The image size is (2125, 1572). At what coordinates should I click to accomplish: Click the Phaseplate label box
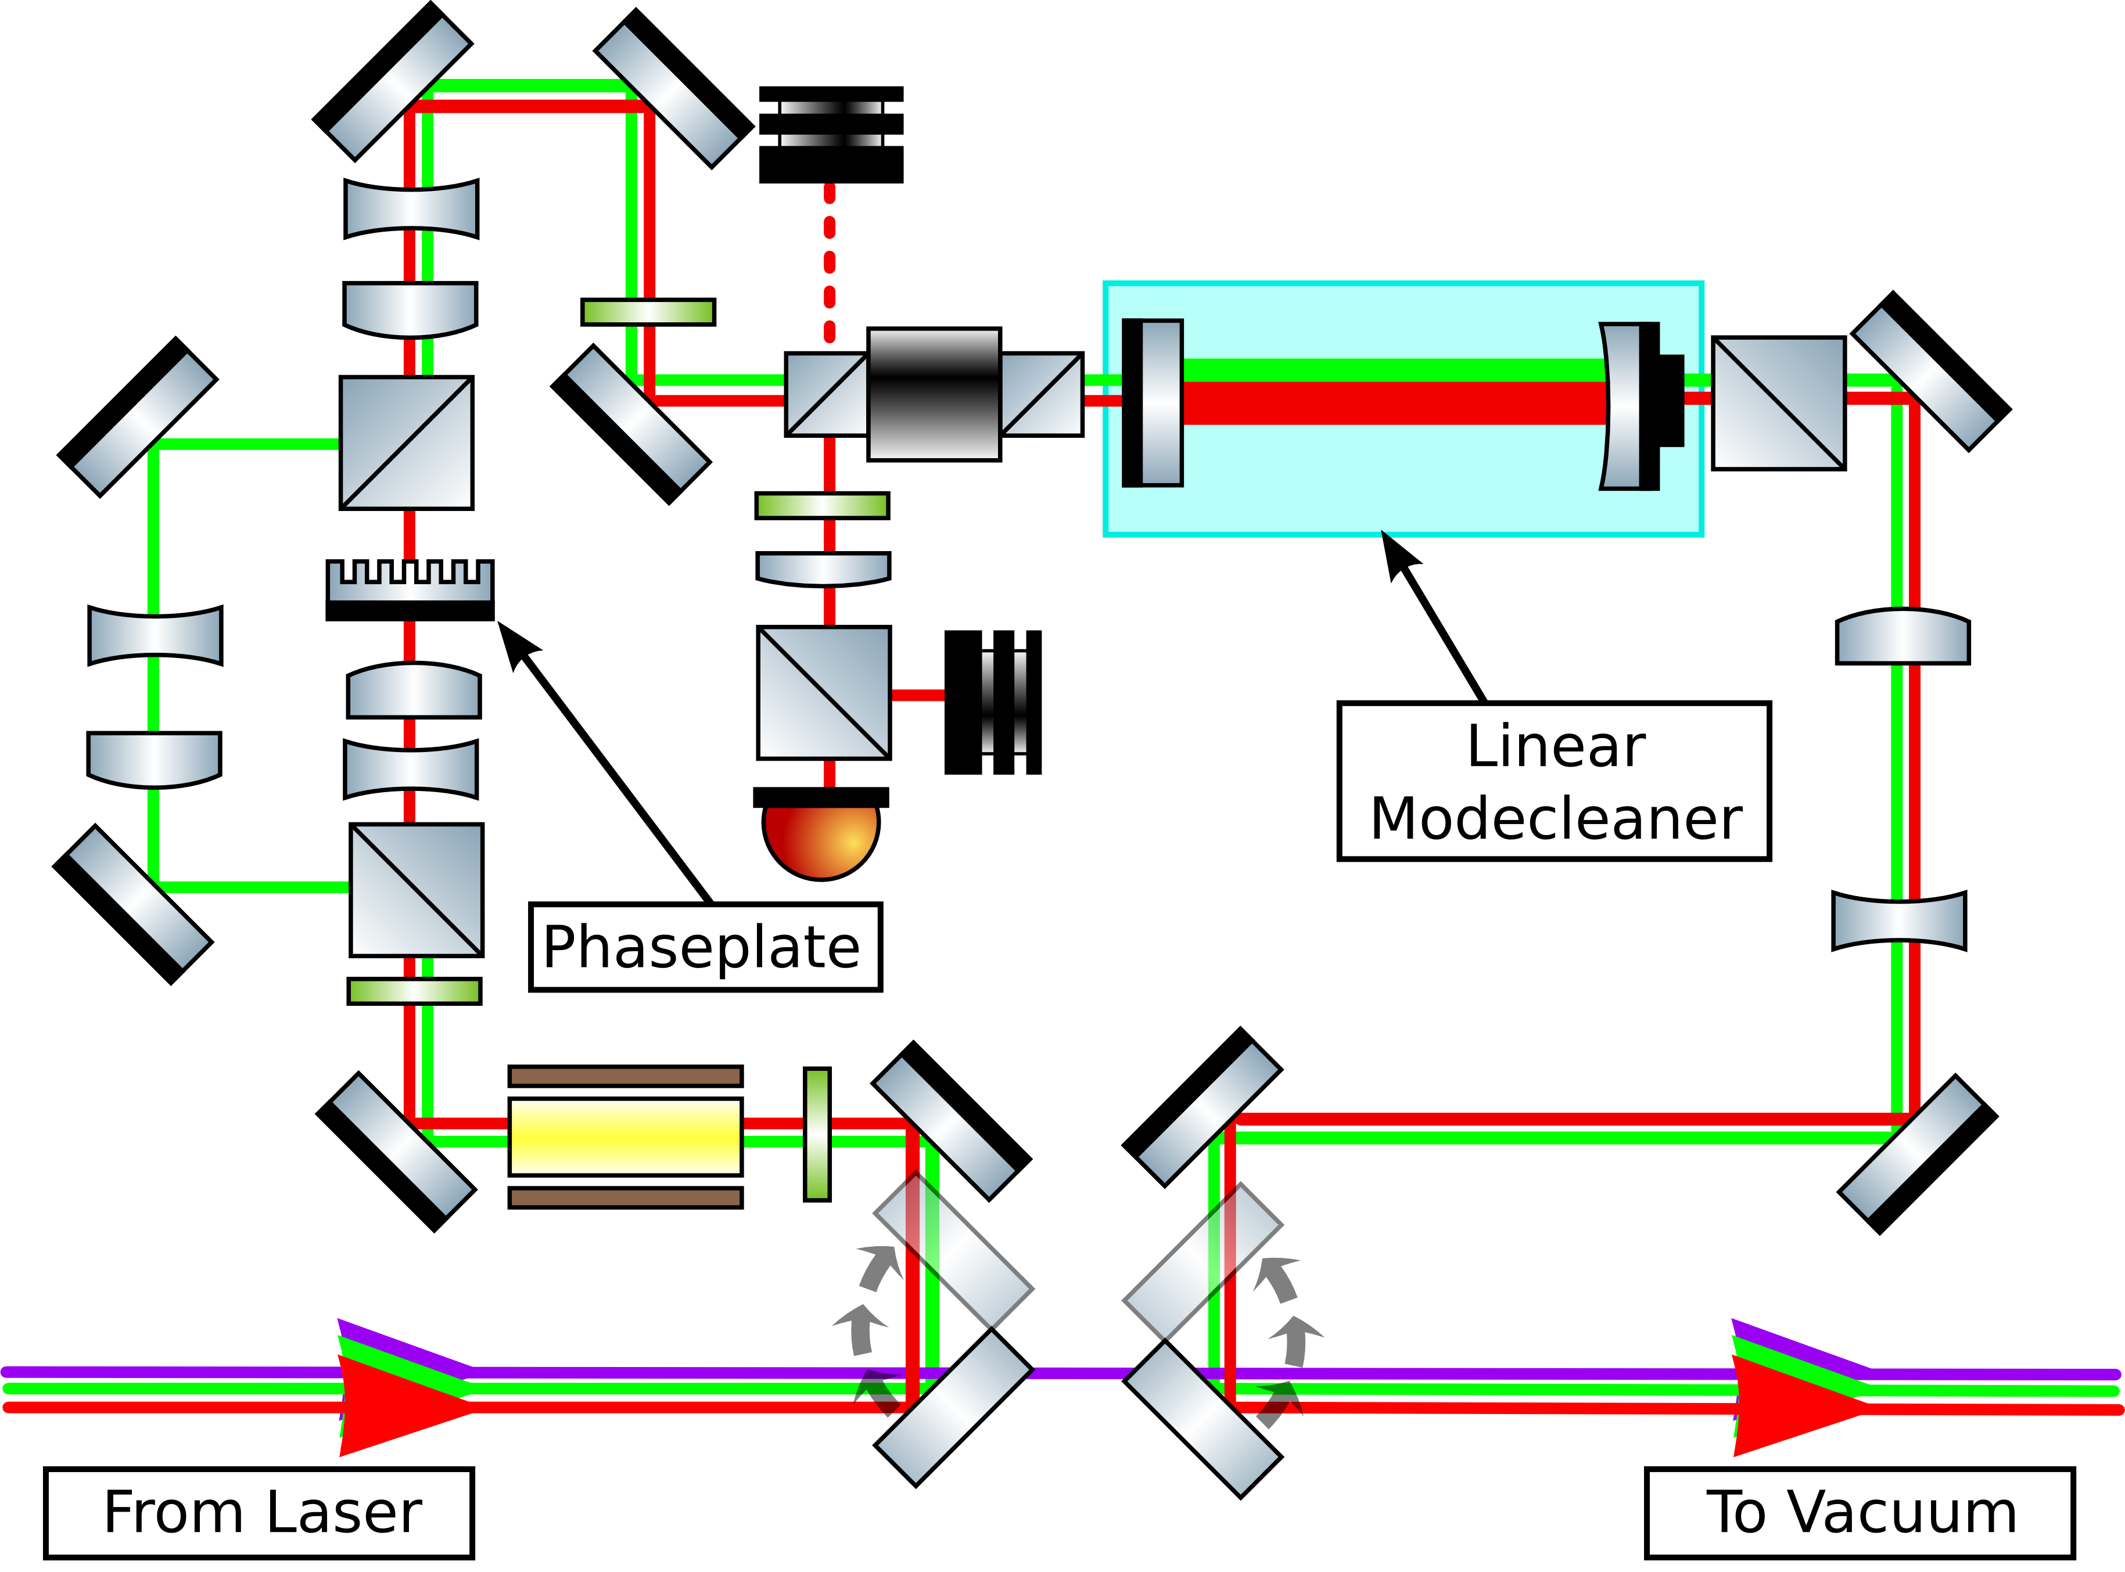tap(704, 947)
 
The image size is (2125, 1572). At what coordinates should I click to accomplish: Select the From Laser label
tap(259, 1512)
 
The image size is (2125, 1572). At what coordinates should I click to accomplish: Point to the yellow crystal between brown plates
tap(625, 1136)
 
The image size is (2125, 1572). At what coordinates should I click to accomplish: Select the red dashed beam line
tap(830, 265)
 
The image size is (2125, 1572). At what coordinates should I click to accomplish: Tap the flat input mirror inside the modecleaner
tap(1153, 402)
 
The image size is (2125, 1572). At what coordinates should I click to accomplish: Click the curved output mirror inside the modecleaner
tap(1623, 407)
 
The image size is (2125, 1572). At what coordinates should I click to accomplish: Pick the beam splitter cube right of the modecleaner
tap(1778, 402)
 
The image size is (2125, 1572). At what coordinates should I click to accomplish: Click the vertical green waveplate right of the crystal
tap(817, 1134)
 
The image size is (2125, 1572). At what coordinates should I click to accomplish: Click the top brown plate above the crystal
tap(625, 1076)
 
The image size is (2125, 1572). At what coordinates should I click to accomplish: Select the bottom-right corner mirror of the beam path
tap(1916, 1154)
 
